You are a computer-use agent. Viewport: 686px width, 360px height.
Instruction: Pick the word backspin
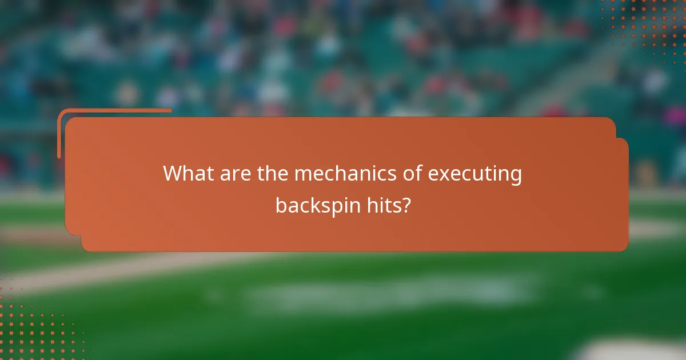(x=318, y=205)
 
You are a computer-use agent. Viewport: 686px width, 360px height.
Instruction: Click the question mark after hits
(x=406, y=205)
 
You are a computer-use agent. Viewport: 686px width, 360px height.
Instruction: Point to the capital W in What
(x=174, y=174)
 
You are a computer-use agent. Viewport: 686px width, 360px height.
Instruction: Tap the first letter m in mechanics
(x=302, y=175)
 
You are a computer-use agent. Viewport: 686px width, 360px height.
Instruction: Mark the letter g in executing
(x=515, y=177)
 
